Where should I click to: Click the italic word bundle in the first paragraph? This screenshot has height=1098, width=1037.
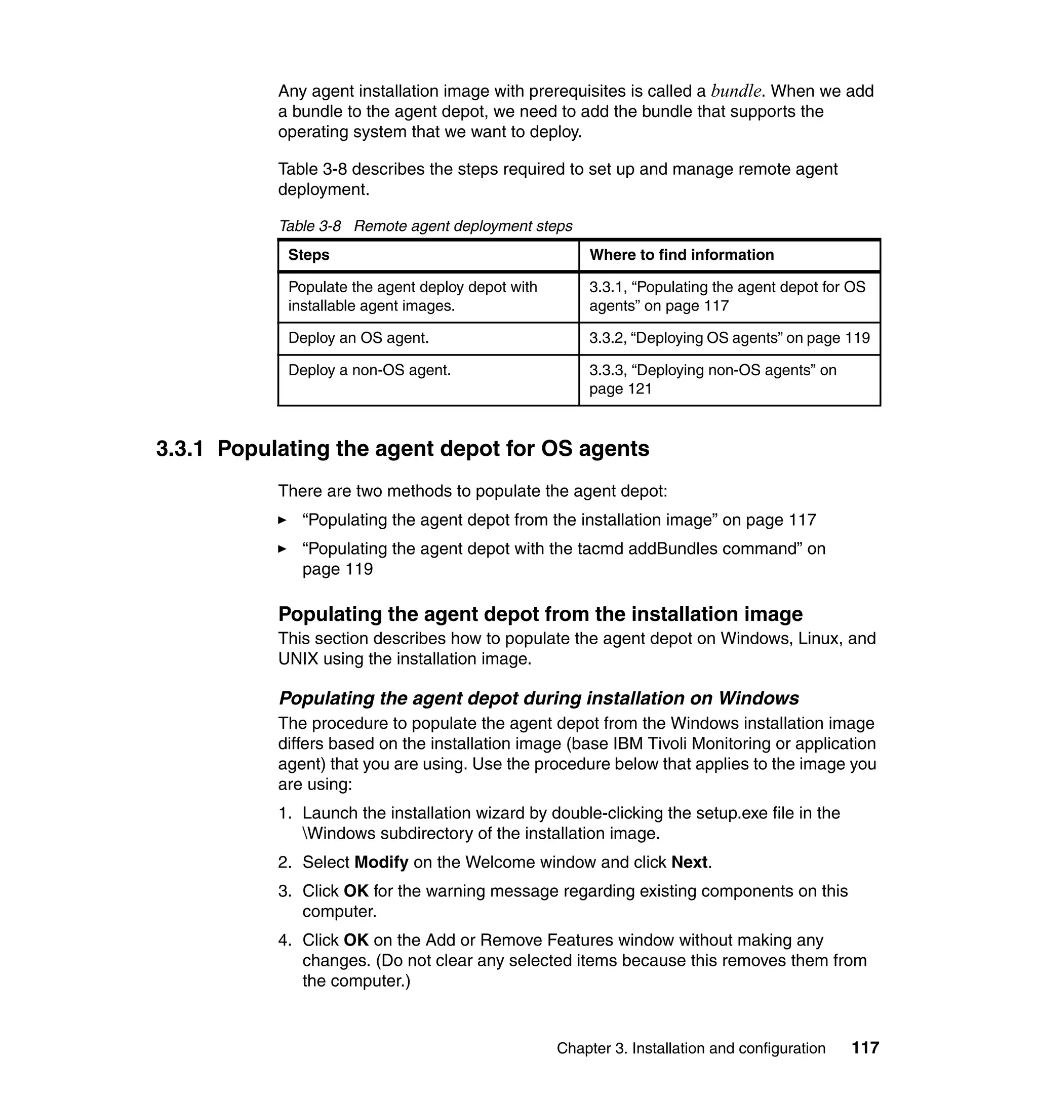(x=736, y=91)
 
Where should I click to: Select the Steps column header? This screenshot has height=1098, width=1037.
(x=308, y=255)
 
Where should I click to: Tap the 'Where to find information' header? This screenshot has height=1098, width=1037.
(x=681, y=255)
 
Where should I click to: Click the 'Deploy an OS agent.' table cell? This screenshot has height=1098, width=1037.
(x=358, y=338)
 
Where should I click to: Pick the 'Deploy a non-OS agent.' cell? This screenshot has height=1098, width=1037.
(x=369, y=370)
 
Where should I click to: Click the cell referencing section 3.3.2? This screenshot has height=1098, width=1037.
(x=729, y=338)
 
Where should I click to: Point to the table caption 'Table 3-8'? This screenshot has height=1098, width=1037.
(x=309, y=226)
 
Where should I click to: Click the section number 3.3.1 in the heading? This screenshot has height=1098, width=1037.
(x=180, y=448)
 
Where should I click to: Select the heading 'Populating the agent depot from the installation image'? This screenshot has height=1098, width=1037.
(x=540, y=614)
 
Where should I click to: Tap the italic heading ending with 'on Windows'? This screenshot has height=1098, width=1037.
(x=538, y=698)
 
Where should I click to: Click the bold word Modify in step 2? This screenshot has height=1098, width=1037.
(x=381, y=862)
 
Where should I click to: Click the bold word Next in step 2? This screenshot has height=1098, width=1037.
(x=689, y=862)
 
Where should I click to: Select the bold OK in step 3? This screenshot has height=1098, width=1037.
(x=356, y=891)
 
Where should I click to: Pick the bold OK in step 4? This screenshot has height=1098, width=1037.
(x=356, y=940)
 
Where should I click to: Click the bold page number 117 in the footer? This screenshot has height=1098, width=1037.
(x=865, y=1048)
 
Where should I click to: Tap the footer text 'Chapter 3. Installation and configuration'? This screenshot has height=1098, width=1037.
(x=691, y=1048)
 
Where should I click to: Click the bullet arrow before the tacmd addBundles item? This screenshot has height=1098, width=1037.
(x=283, y=549)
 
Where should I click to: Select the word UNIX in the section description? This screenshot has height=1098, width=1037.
(x=298, y=659)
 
